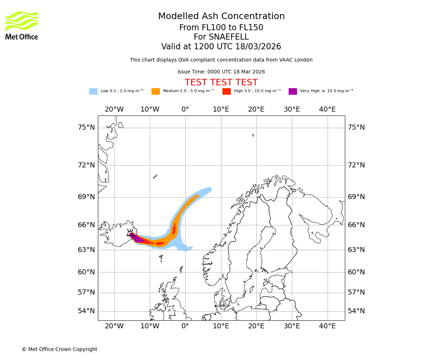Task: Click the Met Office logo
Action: tap(22, 25)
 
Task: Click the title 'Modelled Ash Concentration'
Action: tap(221, 16)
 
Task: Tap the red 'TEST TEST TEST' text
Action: tap(221, 82)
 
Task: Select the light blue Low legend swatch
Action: tap(93, 91)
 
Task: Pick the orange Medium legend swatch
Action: tap(156, 91)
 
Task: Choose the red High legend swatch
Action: tap(226, 91)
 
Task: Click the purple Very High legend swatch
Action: tap(293, 91)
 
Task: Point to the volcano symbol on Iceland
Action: tap(130, 233)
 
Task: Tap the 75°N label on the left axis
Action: tap(86, 127)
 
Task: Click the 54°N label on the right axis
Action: tap(356, 311)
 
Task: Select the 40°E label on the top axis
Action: tap(327, 109)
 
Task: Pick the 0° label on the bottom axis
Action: tap(185, 326)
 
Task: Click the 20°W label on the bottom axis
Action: tap(114, 326)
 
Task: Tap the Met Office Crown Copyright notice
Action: tap(59, 349)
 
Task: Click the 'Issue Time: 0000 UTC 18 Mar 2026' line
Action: tap(221, 72)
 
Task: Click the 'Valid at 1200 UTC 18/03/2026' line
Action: tap(221, 47)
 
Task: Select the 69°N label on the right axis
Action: tap(356, 197)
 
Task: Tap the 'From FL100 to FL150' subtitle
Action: tap(221, 28)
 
